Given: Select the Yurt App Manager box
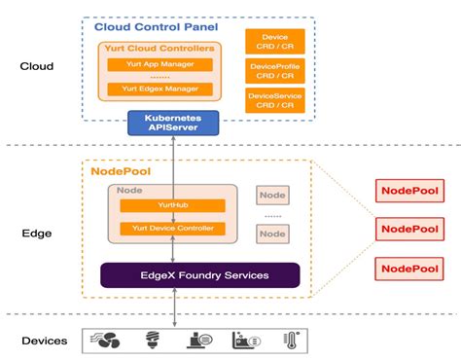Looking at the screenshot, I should [160, 64].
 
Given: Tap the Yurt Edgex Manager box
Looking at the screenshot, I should [160, 89].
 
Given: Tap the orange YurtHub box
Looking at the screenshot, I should [172, 205].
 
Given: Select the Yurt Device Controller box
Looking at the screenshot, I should [172, 229].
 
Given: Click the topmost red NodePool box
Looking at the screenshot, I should [408, 193].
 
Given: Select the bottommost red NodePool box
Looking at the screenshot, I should [408, 269].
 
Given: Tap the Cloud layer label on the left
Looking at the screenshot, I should [37, 67].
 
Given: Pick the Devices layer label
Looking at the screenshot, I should [45, 341].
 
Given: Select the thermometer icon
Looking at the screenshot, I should [291, 341].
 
